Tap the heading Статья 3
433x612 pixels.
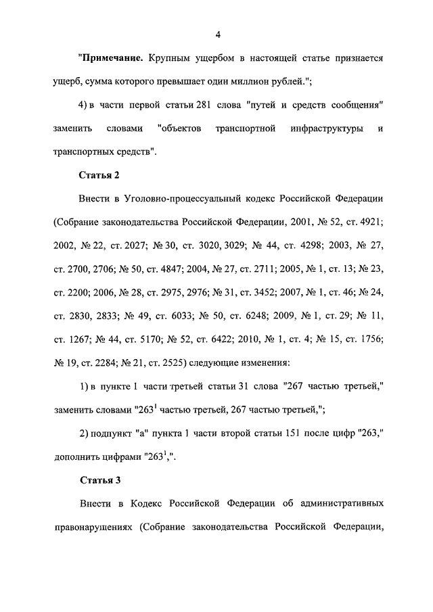tap(99, 481)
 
